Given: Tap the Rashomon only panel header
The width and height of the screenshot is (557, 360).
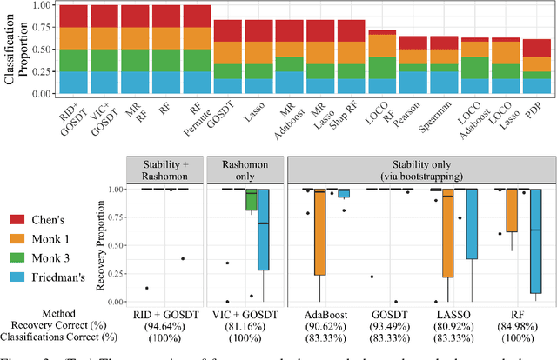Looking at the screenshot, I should [246, 168].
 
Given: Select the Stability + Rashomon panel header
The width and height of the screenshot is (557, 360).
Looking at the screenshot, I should [164, 168].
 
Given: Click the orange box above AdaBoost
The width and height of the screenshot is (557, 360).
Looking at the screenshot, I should [319, 232].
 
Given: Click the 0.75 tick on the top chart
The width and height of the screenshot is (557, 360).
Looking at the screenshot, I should [39, 27].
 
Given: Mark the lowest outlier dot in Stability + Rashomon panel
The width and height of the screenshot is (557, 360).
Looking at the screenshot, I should [145, 288].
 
